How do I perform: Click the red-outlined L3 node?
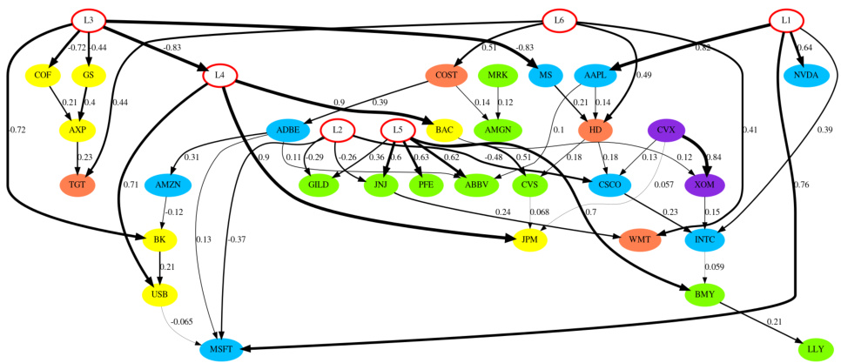pos(88,20)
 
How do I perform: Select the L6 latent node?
pos(559,20)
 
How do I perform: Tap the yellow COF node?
pos(43,76)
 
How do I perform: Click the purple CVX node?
pos(666,131)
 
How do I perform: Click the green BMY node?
pos(704,295)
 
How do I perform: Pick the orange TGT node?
pos(77,185)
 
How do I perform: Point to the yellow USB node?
pos(159,295)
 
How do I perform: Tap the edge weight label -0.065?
pos(181,322)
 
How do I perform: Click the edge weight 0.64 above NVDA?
pos(804,48)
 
